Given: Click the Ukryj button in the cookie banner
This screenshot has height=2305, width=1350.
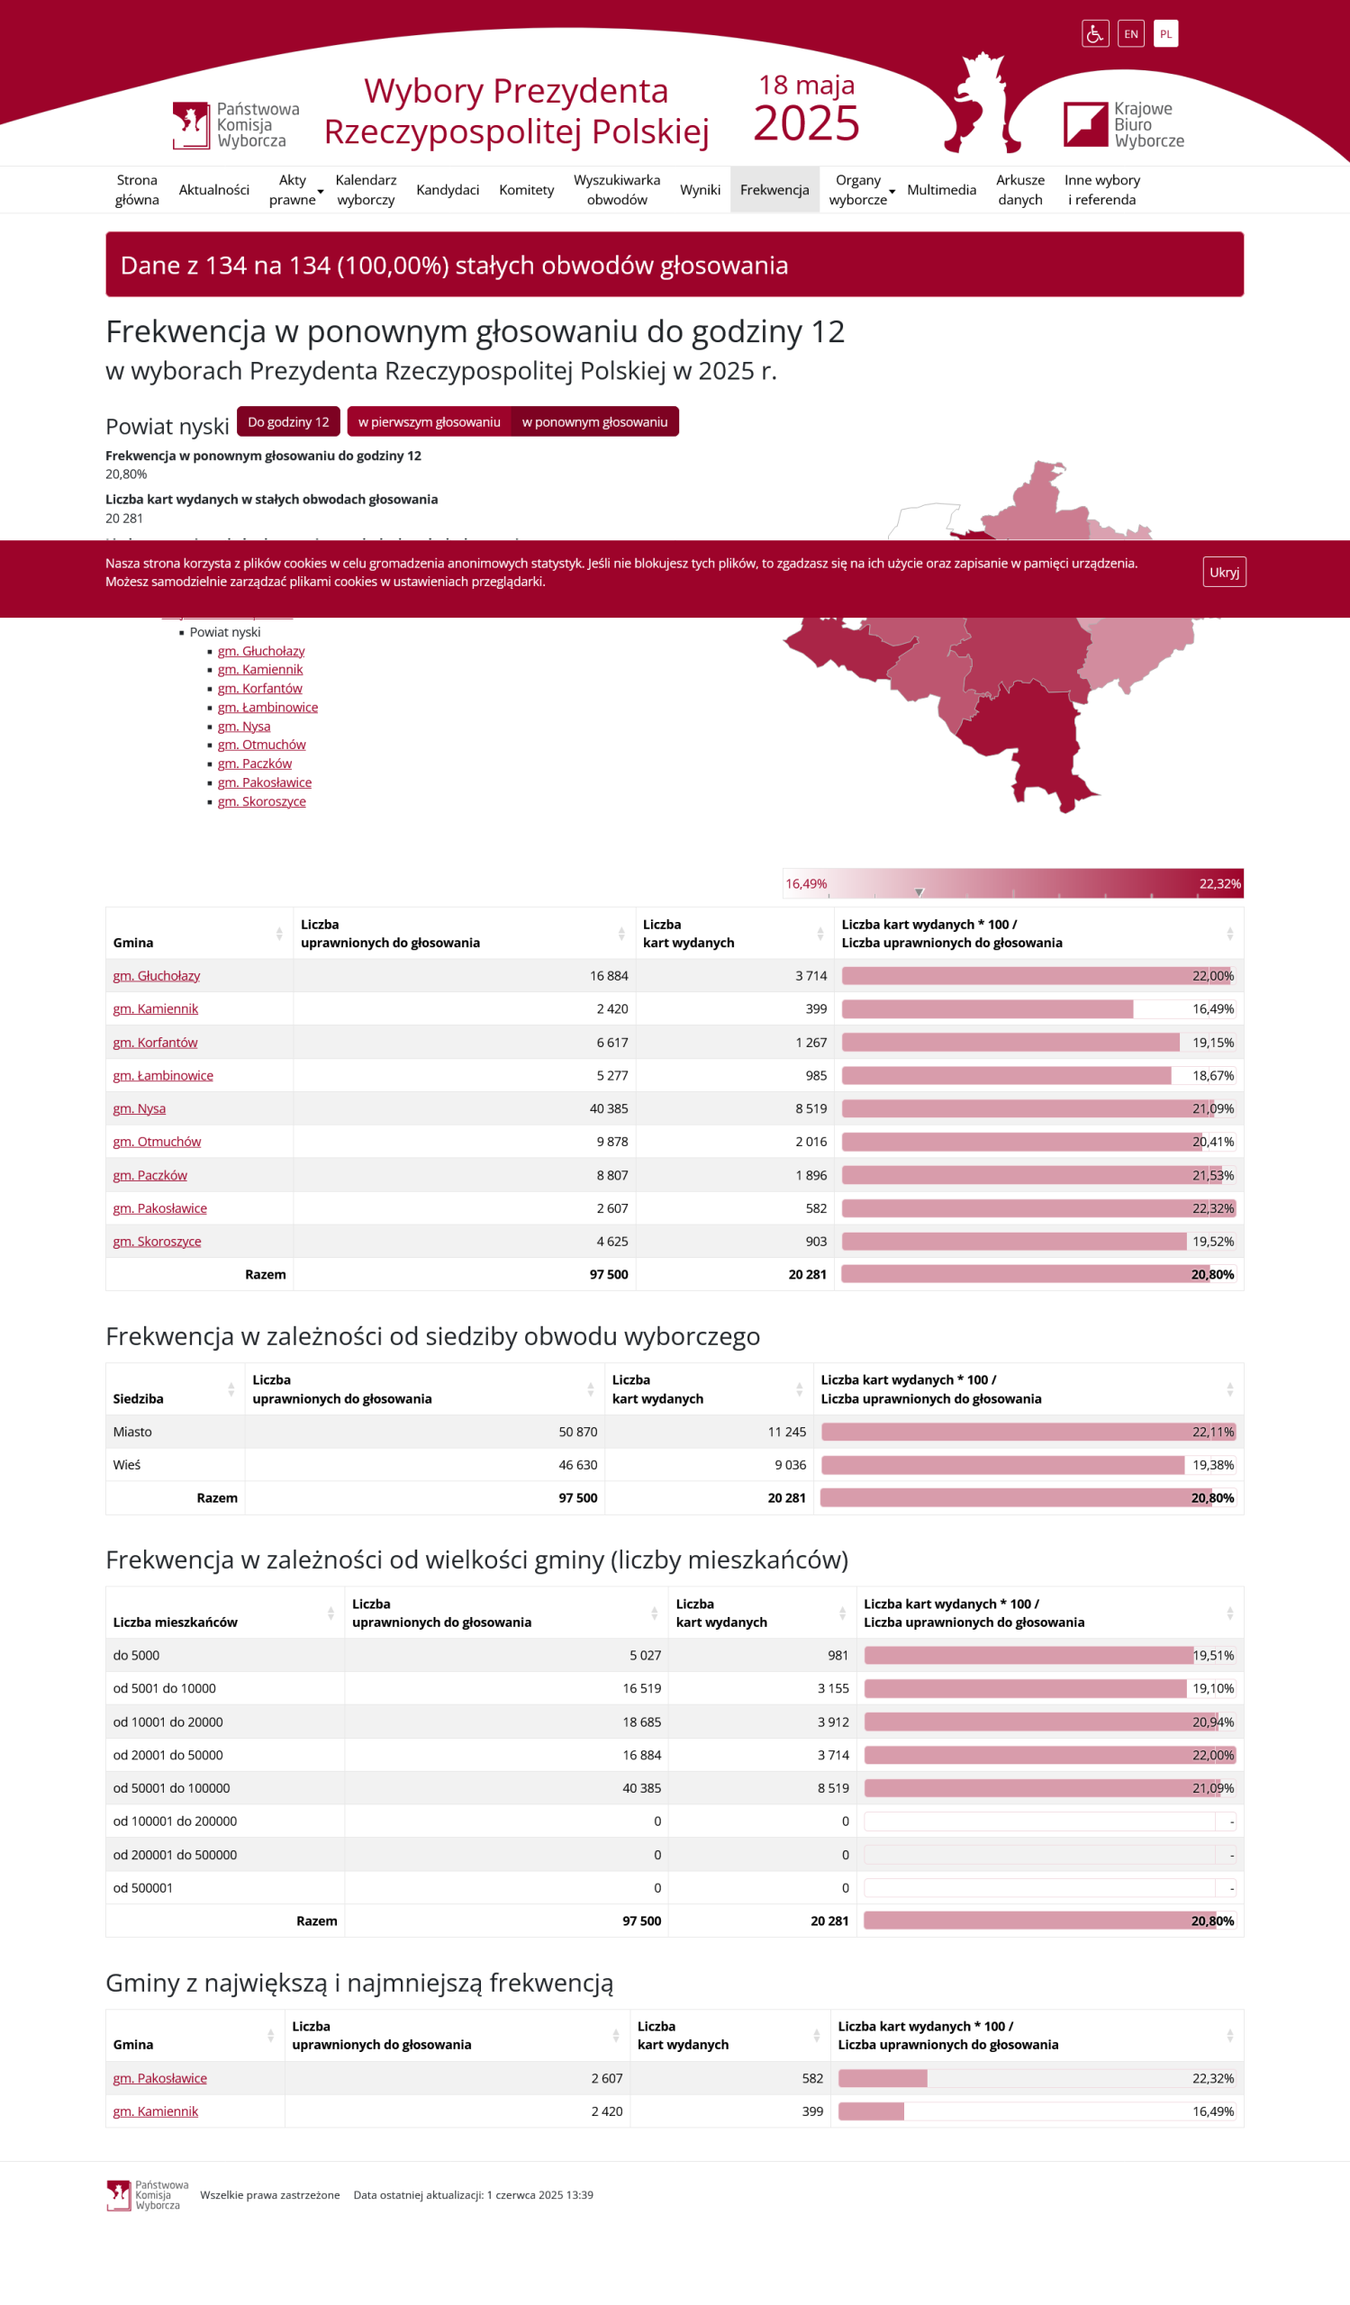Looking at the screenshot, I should point(1224,572).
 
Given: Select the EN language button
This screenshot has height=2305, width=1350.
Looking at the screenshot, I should point(1130,34).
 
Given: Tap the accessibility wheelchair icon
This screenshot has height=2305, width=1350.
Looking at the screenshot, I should point(1095,34).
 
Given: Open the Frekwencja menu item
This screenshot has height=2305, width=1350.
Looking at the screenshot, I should point(774,189).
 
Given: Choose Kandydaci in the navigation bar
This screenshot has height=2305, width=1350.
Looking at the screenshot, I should point(448,189).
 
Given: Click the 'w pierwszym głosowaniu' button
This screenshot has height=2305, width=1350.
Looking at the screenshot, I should point(429,421).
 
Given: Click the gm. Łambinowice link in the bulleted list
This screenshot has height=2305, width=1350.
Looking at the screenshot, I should point(268,707).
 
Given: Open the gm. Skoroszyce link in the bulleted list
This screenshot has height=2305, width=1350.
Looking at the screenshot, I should point(261,801).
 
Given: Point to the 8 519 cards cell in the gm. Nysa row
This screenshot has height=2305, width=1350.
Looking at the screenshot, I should point(811,1108).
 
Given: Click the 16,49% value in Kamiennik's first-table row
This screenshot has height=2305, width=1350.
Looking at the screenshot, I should point(1212,1009).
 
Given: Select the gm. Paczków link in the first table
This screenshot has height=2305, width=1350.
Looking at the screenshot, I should point(150,1175).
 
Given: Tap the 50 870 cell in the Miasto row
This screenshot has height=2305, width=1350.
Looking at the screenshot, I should point(577,1432).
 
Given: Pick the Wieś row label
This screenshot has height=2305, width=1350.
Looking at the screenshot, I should point(127,1464).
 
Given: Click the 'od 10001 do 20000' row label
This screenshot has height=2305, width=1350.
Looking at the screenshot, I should point(168,1722).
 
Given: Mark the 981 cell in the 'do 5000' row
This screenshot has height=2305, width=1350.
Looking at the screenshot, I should point(838,1656).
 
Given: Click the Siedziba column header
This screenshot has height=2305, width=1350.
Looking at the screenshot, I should point(139,1398).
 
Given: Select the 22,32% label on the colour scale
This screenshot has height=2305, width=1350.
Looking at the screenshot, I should point(1219,883).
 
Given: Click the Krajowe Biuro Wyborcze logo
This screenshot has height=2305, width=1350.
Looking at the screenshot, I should point(1123,124).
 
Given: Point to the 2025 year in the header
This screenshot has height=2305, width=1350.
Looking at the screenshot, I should point(806,123).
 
